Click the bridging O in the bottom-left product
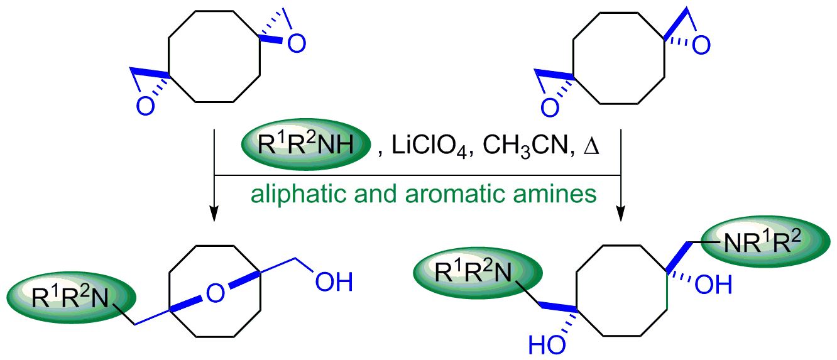pyautogui.click(x=215, y=292)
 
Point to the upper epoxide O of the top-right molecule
pyautogui.click(x=701, y=46)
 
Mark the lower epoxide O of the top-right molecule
pyautogui.click(x=549, y=107)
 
